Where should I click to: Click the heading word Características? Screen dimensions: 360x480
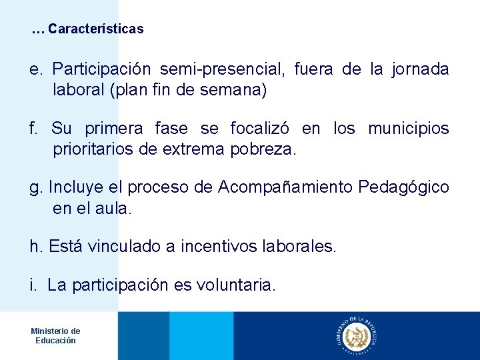click(96, 29)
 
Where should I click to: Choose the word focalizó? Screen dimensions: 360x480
click(259, 128)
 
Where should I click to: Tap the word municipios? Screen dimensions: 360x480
click(409, 128)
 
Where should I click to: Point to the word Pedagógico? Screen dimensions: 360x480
click(403, 187)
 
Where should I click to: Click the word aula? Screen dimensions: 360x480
click(113, 208)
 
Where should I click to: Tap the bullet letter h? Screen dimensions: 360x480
click(35, 247)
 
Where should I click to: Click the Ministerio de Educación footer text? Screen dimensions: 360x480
click(55, 335)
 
